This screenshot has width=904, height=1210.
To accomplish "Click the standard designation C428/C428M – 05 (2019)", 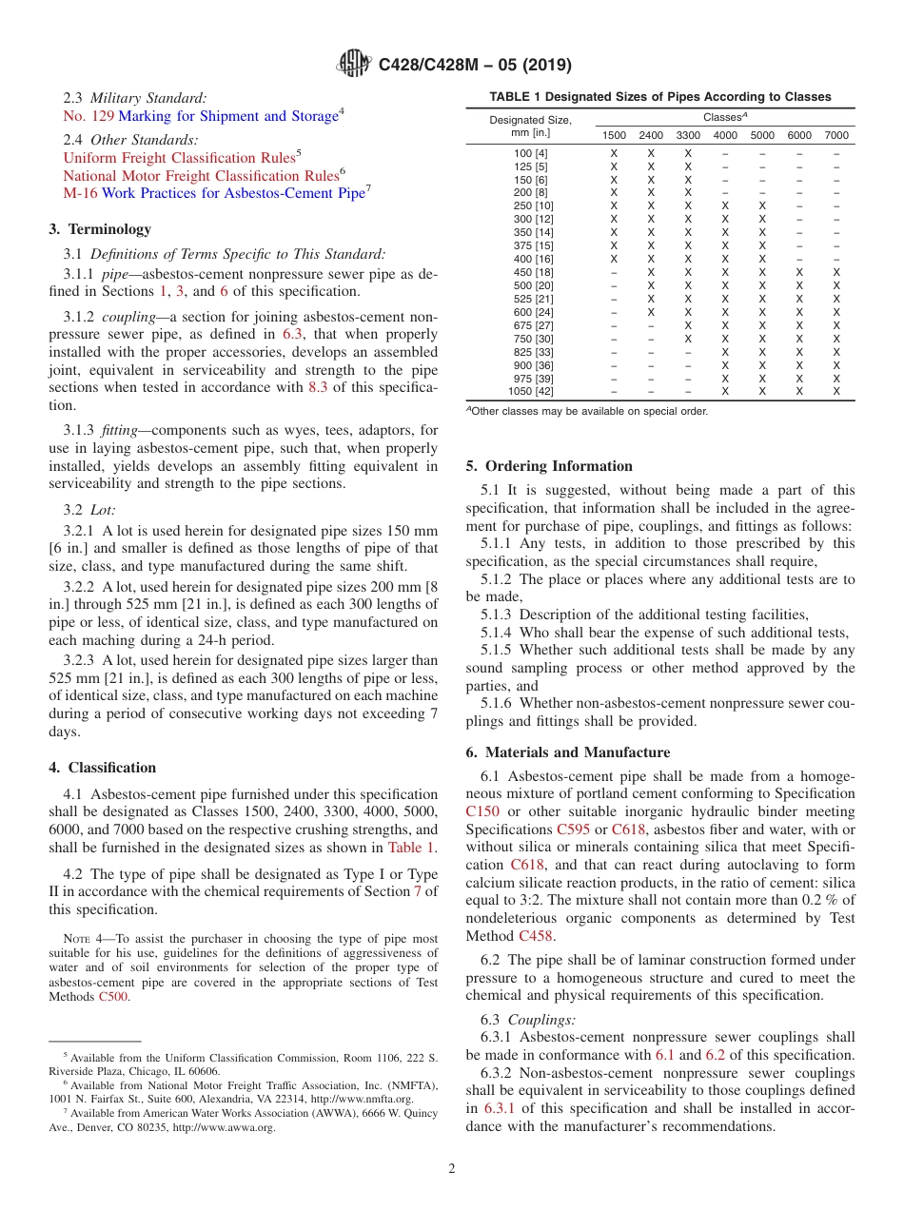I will [475, 66].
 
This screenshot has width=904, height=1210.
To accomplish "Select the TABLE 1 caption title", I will [659, 97].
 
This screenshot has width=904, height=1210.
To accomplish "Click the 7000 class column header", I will [836, 136].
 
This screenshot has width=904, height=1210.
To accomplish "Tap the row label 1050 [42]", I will [531, 391].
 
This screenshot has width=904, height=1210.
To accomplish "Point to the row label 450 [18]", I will [531, 272].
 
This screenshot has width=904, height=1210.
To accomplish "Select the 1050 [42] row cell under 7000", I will [836, 391].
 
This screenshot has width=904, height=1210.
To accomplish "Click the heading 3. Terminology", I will [100, 229].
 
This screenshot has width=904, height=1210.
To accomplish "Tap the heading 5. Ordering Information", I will [549, 466].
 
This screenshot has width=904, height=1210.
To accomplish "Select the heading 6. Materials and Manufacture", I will [567, 752].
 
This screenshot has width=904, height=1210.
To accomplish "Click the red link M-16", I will [80, 193].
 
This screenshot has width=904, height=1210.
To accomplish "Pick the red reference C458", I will [536, 936].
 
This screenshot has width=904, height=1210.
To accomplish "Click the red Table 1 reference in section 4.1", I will [411, 848].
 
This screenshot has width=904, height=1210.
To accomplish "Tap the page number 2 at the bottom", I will [452, 1169].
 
